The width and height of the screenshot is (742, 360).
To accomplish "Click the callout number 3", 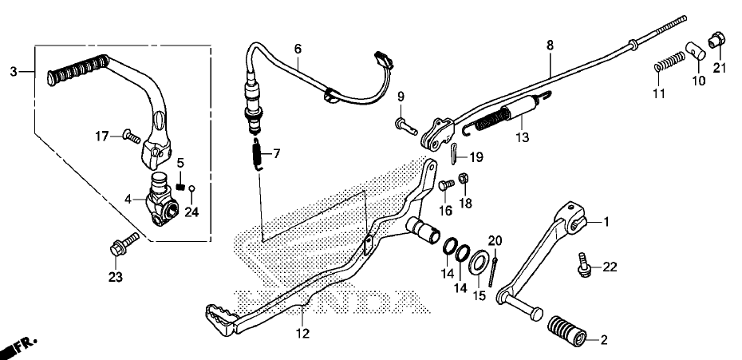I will (x=13, y=72).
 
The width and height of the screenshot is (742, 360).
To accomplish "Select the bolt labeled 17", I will (x=131, y=136).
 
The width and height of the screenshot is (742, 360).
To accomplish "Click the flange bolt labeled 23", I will (x=120, y=243).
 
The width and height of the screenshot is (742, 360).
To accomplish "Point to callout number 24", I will (x=190, y=212).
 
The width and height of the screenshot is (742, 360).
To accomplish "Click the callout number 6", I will (x=298, y=49).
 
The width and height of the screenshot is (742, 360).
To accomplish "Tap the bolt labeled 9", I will (x=405, y=125).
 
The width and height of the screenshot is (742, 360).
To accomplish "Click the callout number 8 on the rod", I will (x=549, y=45).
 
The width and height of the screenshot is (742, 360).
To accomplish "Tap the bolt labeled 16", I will (x=447, y=185).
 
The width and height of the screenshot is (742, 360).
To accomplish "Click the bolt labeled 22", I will (x=585, y=263).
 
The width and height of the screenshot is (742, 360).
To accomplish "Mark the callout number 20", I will (x=495, y=240).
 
